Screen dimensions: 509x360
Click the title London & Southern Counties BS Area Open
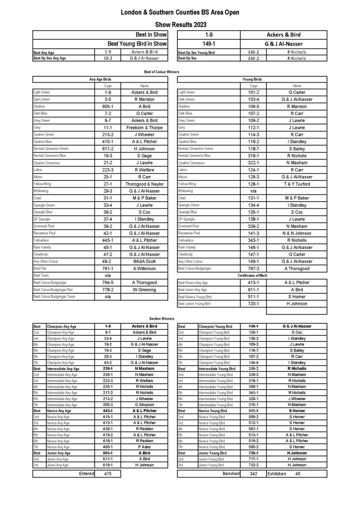(x=180, y=13)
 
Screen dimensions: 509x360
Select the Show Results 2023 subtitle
(x=180, y=25)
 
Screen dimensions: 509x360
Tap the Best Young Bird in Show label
(x=137, y=44)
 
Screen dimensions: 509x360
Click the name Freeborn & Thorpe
(x=144, y=128)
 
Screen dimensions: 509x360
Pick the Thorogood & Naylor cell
(x=144, y=184)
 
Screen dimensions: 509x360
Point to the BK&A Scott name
(x=144, y=262)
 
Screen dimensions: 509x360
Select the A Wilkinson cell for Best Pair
(x=144, y=269)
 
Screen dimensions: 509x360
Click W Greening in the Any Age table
(x=144, y=290)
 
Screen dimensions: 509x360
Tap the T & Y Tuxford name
(x=297, y=184)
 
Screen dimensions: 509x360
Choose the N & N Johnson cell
(x=297, y=233)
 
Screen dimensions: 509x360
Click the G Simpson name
(x=144, y=405)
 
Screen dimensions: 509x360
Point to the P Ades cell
(x=144, y=447)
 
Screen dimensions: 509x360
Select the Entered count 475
(x=108, y=474)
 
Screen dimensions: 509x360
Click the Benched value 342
(x=254, y=474)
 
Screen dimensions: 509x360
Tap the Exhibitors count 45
(x=298, y=474)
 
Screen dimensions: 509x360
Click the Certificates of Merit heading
(x=252, y=276)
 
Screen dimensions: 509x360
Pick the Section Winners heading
(x=162, y=319)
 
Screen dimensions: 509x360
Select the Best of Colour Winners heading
(x=162, y=72)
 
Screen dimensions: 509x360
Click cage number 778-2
(x=108, y=290)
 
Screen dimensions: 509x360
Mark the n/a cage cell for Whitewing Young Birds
(x=254, y=191)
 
